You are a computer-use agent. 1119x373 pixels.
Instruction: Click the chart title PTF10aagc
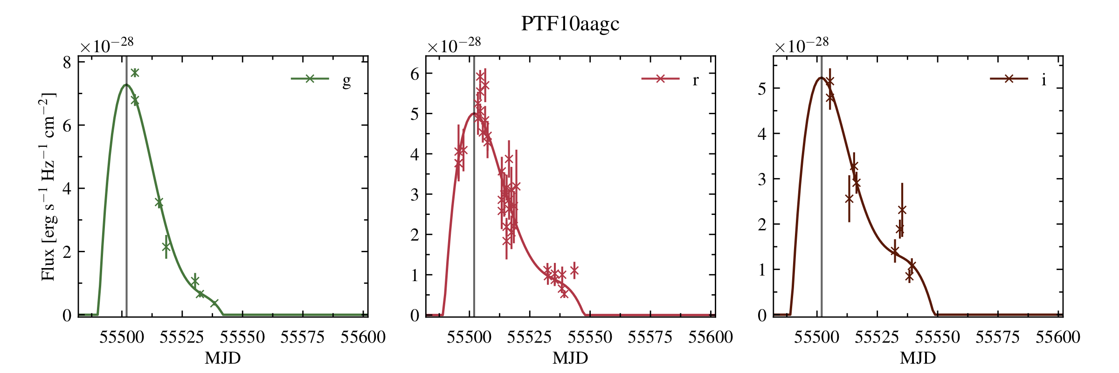(570, 24)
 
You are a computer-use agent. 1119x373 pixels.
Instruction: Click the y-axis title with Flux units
(48, 186)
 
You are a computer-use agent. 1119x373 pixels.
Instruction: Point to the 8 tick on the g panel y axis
(68, 62)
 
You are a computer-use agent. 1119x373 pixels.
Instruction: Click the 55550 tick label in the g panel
(242, 337)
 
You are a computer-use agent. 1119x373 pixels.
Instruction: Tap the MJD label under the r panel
(570, 358)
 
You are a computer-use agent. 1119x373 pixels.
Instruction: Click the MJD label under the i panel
(918, 358)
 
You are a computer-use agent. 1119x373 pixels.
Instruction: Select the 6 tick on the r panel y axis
(415, 74)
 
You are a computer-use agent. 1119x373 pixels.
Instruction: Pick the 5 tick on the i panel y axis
(762, 89)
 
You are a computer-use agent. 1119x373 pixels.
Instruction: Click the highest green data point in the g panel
(135, 73)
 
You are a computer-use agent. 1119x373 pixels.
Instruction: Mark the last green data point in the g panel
(214, 304)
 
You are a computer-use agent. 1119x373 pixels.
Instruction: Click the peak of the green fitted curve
(126, 85)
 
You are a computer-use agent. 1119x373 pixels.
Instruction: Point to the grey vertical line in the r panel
(474, 210)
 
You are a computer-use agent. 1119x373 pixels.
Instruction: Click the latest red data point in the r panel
(574, 270)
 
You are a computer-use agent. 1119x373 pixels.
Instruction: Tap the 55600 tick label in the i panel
(1058, 337)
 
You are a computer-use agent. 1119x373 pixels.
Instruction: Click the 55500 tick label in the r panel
(469, 337)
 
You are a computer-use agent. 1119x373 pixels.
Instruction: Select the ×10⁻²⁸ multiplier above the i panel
(802, 46)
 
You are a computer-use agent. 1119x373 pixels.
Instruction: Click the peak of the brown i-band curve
(821, 78)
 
